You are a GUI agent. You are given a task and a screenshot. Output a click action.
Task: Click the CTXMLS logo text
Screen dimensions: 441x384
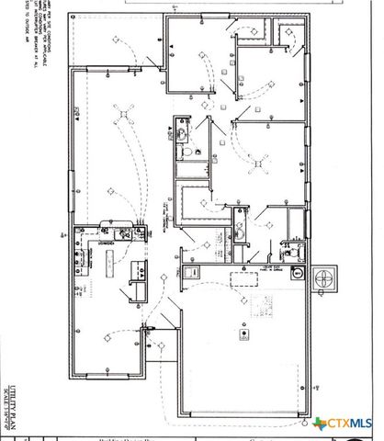tap(351, 424)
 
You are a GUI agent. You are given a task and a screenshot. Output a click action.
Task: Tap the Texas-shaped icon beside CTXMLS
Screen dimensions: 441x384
tap(321, 424)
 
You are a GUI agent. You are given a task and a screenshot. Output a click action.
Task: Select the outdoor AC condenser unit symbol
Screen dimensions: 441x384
tap(326, 277)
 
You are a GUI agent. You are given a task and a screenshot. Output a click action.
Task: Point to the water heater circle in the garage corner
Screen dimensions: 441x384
tap(296, 273)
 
